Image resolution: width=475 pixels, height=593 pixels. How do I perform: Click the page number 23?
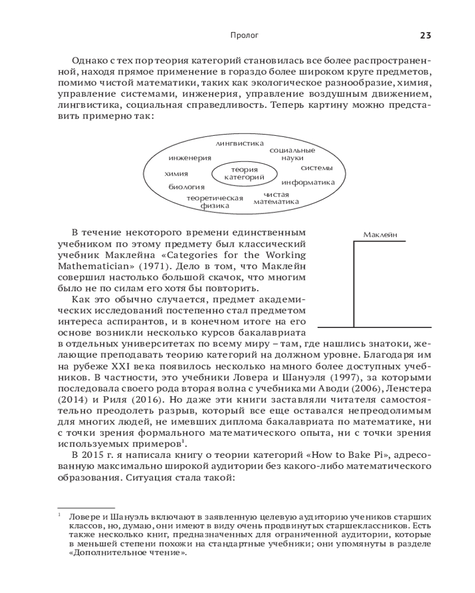click(x=425, y=36)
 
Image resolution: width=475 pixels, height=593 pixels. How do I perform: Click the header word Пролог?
click(x=244, y=36)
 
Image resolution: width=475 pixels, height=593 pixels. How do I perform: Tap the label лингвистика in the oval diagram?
click(x=239, y=143)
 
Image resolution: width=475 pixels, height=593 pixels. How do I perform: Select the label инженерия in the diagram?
click(x=189, y=158)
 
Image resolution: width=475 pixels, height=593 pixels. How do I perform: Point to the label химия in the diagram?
click(x=176, y=174)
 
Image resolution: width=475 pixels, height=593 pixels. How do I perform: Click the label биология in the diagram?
click(x=186, y=187)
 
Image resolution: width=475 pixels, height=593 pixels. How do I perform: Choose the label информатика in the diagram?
click(x=308, y=183)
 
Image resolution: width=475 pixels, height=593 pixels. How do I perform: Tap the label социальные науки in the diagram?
click(x=292, y=154)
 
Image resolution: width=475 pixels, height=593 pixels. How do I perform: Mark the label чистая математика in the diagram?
click(x=276, y=198)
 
